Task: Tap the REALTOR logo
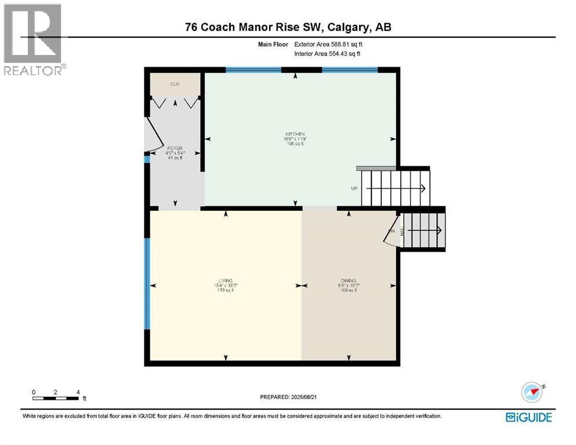click(x=33, y=39)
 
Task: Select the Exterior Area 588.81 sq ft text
click(x=328, y=43)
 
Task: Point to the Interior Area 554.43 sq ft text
click(x=328, y=54)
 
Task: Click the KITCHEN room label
click(x=295, y=134)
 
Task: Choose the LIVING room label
click(x=225, y=280)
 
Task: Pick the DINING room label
click(x=349, y=280)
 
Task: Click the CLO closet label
click(x=175, y=85)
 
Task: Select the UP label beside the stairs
click(x=354, y=188)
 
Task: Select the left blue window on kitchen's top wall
click(x=253, y=70)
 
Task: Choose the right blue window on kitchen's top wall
click(x=350, y=70)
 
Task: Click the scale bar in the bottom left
click(x=56, y=397)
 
